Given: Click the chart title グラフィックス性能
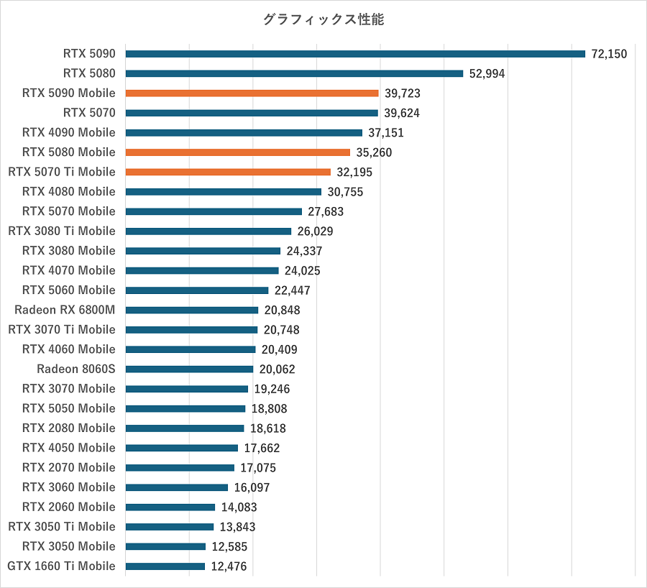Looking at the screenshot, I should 323,20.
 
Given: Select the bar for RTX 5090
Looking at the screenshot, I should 355,54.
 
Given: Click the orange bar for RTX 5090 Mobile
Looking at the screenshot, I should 252,93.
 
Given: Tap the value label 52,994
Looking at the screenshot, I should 487,73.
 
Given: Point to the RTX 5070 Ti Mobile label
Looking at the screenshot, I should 62,172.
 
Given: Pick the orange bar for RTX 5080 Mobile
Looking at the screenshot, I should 238,152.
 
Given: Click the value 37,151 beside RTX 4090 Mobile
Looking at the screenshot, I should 386,132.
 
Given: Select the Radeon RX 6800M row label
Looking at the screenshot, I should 65,310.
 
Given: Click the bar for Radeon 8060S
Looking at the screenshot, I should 189,369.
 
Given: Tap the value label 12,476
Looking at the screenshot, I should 229,566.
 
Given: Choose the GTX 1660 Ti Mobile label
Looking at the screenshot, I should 62,566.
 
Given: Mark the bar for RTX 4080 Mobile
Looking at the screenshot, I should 223,192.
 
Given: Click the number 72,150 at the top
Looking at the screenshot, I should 610,54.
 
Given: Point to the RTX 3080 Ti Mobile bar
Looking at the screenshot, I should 208,231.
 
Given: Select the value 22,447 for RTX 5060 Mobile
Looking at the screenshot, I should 292,290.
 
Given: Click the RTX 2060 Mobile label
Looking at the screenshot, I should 69,507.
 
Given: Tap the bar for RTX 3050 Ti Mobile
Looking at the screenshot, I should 170,527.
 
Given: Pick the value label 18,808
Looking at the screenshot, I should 269,408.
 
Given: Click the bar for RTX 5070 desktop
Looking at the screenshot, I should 252,113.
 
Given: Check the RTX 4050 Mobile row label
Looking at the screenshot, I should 69,448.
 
